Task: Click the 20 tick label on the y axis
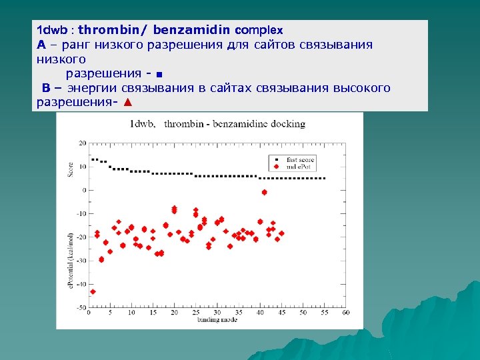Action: click(x=83, y=143)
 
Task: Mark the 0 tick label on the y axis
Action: click(x=84, y=190)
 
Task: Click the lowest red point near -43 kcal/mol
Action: click(x=93, y=291)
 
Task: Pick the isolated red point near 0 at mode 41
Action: click(x=264, y=192)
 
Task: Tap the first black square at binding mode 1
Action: click(x=93, y=159)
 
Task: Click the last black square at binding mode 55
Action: click(x=323, y=178)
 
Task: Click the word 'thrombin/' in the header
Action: click(x=115, y=30)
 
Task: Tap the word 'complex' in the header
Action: click(x=259, y=30)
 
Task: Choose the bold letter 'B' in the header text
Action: click(x=46, y=88)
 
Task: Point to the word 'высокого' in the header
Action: click(x=361, y=88)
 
